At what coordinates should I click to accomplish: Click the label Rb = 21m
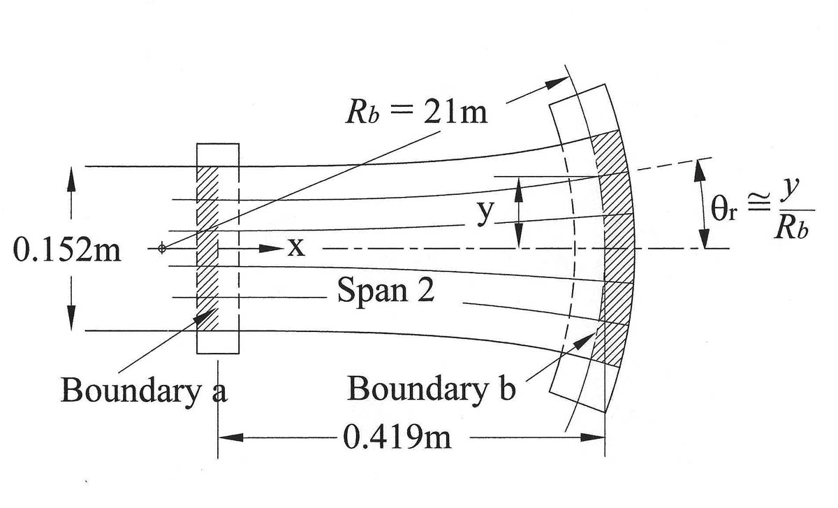pos(416,111)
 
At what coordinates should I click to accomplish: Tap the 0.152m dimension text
pos(67,250)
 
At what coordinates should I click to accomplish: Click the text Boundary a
pos(144,389)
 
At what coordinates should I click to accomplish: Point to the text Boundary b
pos(431,389)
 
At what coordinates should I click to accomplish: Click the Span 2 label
pos(385,290)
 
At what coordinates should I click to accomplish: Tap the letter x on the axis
pos(296,248)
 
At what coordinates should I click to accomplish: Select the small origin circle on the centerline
pos(162,248)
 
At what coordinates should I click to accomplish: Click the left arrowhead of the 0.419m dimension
pos(230,438)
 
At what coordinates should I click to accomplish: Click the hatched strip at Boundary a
pos(208,248)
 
